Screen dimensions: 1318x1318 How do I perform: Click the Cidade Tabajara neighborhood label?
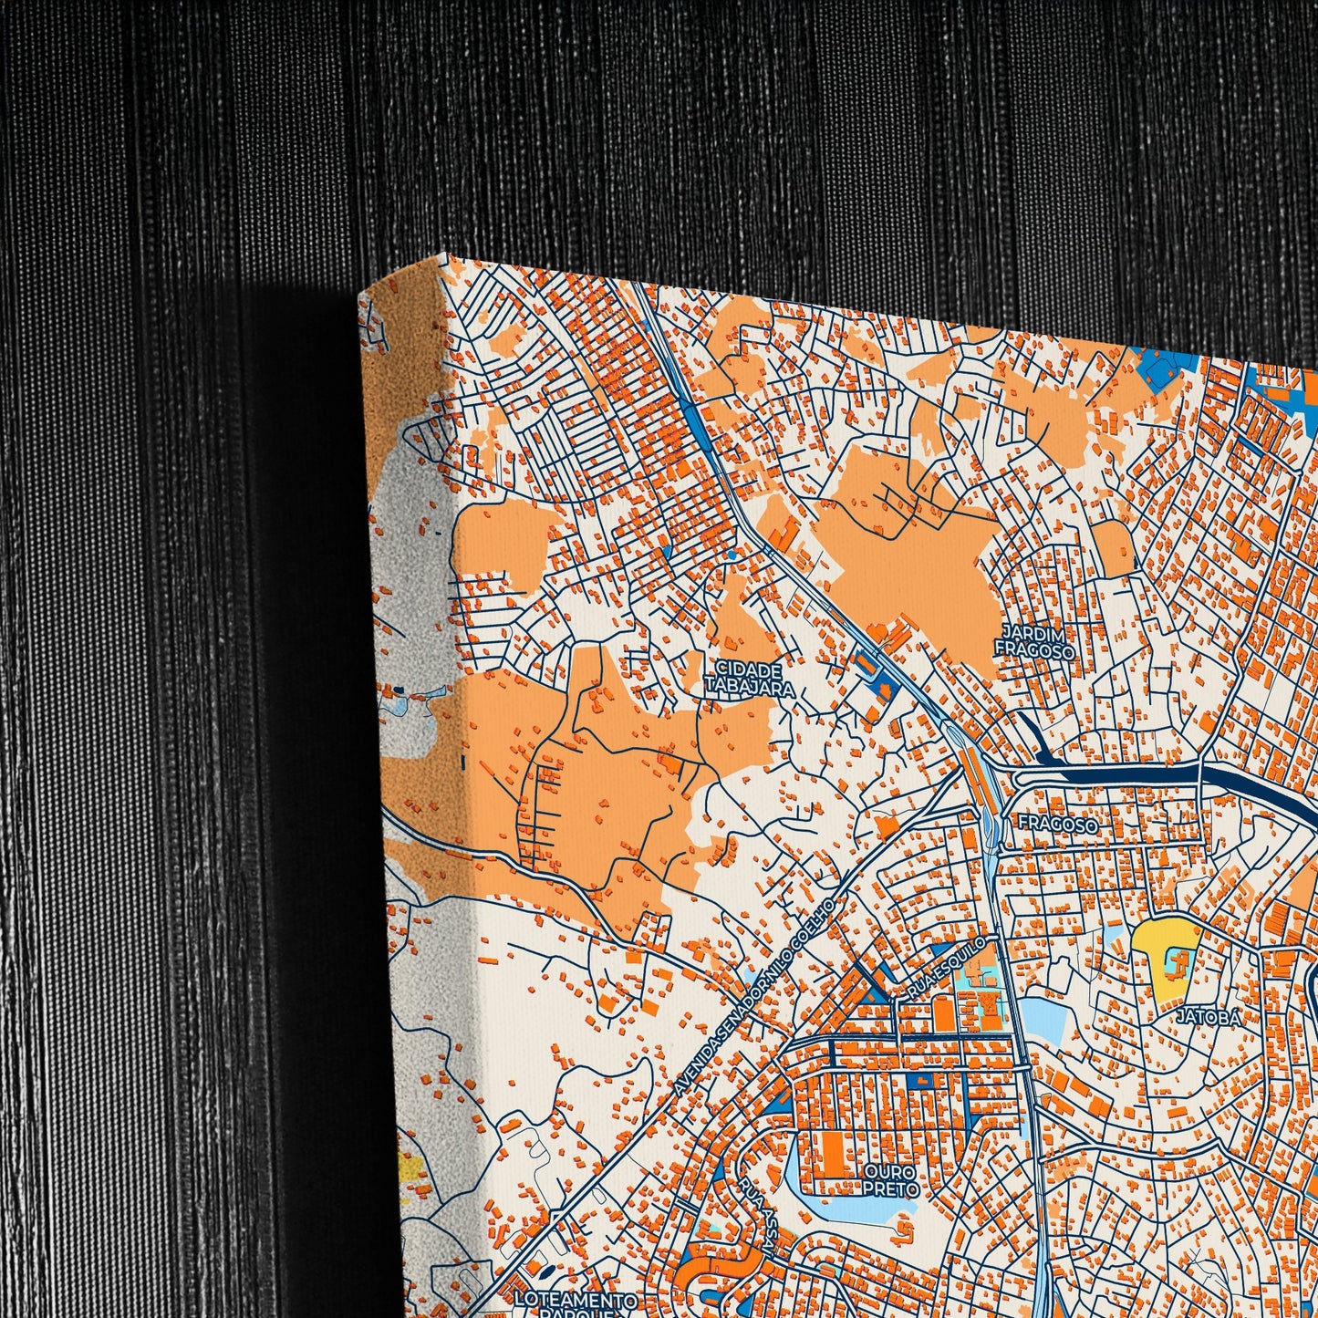click(x=749, y=679)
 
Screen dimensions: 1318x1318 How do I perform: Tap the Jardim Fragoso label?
click(x=1033, y=641)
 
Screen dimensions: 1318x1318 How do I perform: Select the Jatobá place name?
click(x=1208, y=1016)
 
